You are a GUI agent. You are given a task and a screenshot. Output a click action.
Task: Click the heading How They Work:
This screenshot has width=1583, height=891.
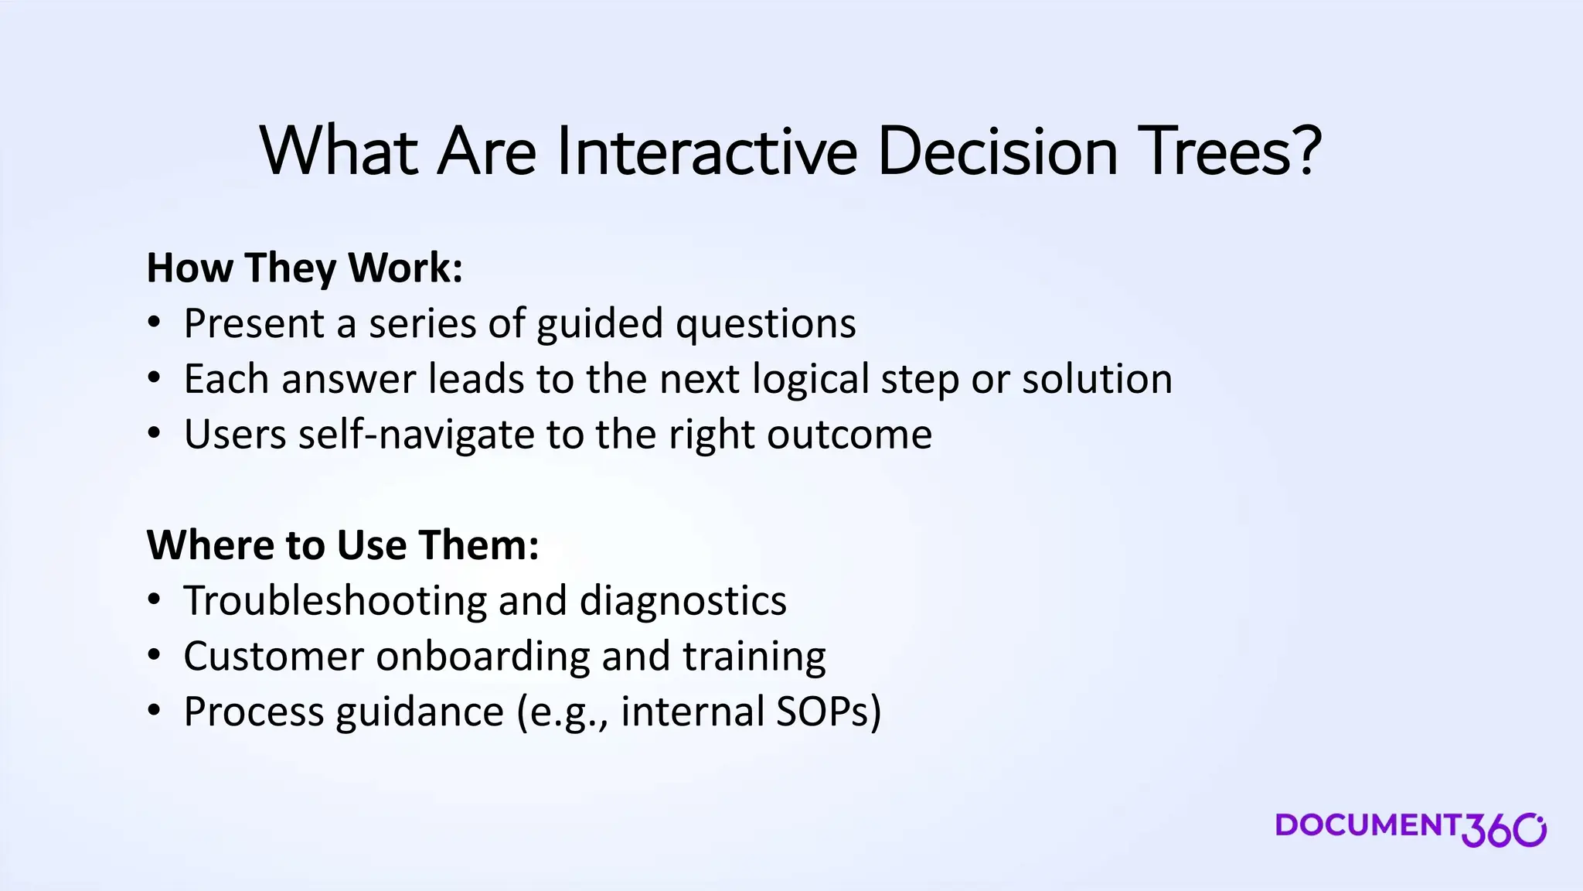coord(305,268)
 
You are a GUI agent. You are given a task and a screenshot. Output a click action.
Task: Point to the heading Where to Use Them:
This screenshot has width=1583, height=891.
coord(342,544)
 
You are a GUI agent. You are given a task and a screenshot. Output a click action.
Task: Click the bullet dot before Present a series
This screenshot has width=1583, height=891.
coord(155,323)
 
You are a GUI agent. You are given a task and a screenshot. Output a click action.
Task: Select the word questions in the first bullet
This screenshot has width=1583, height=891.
coord(765,323)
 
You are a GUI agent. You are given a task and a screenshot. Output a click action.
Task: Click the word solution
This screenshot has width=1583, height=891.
coord(1097,379)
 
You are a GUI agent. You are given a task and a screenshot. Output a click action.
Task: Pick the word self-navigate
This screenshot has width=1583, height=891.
coord(416,434)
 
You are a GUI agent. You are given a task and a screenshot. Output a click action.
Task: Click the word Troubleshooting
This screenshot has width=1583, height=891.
coord(335,600)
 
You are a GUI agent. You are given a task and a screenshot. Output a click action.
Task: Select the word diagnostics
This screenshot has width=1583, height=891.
coord(683,600)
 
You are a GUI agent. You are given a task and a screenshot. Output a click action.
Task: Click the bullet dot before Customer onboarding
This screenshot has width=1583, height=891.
coord(155,656)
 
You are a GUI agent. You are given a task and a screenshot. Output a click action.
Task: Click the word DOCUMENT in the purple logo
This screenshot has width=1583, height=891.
coord(1367,824)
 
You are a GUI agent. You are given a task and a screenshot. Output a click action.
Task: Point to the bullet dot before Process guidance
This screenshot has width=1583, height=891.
coord(155,712)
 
